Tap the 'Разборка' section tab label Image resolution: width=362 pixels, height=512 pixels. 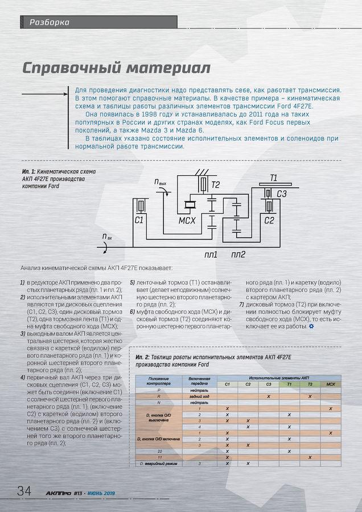point(44,22)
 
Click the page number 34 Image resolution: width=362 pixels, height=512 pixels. point(24,490)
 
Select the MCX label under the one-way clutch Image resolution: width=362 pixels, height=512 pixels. point(187,220)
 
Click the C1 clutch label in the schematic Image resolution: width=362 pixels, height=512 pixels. point(139,220)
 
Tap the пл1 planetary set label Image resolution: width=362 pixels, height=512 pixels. point(211,254)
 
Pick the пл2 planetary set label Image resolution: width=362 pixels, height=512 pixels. point(238,254)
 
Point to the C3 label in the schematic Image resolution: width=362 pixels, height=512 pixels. point(282,195)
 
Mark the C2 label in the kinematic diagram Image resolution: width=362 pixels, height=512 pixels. point(269,220)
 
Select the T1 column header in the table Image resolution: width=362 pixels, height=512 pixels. point(289,385)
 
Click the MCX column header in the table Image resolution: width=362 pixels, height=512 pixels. point(330,385)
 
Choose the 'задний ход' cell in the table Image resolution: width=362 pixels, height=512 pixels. point(199,397)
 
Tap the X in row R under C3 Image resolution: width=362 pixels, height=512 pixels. point(269,397)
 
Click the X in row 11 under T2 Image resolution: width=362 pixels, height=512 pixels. point(310,457)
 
